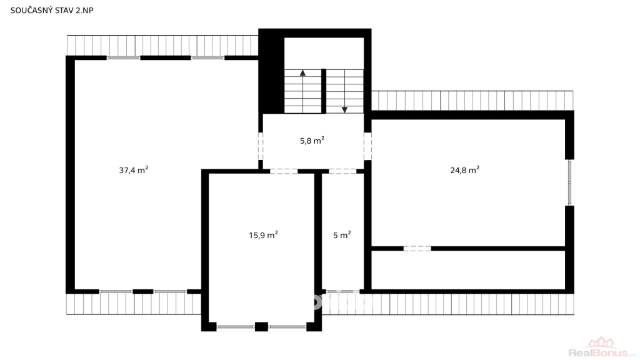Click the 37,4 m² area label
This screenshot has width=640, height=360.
coord(134,170)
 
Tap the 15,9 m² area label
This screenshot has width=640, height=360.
coord(263,235)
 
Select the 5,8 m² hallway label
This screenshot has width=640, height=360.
coord(312,141)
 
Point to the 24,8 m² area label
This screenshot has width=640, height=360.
coord(464,170)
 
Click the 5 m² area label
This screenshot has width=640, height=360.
coord(342,235)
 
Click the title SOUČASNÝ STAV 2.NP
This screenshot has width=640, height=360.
coord(52,10)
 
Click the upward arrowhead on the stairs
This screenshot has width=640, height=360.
coord(302,73)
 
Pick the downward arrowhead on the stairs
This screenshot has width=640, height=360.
coord(344,110)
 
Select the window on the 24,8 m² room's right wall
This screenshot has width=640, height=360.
coord(570,182)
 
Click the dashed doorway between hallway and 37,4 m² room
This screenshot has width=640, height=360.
coord(261,146)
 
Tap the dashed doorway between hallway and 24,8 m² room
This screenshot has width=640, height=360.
coord(367,146)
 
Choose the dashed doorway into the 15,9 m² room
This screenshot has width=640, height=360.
coord(284,171)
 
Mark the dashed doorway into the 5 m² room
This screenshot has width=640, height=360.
coord(343,171)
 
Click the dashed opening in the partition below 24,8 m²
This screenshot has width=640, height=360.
coord(417,249)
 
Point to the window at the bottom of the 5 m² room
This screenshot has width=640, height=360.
coord(342,291)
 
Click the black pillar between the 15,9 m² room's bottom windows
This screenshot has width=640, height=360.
coord(261,326)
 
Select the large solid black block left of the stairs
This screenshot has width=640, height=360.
coord(271,71)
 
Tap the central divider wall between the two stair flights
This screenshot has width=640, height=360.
coord(324,91)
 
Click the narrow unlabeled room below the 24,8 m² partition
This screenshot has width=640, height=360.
coord(468,270)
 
